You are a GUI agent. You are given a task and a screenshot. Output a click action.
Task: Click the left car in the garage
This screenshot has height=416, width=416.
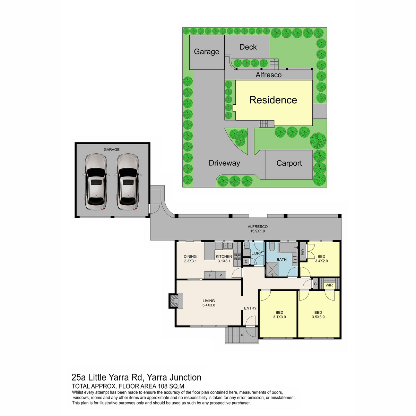tap(96, 182)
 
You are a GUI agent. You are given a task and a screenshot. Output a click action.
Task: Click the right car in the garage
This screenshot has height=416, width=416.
tap(128, 182)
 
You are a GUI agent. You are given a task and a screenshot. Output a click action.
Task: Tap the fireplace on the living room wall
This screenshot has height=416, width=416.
tap(176, 301)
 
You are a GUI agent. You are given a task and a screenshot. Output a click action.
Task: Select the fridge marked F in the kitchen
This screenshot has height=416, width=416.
tap(210, 275)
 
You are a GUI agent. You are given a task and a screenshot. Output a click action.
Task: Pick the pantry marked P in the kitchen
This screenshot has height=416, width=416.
tap(220, 275)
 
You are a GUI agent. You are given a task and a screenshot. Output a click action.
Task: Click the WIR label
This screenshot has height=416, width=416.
tap(329, 285)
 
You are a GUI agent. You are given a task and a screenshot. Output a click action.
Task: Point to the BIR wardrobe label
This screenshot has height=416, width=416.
tap(303, 252)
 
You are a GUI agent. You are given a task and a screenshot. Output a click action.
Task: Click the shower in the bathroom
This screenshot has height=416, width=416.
tap(272, 269)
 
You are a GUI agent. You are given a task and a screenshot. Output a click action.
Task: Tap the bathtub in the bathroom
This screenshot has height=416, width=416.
tap(288, 248)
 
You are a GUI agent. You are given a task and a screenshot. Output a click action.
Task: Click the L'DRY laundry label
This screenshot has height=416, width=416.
tap(257, 253)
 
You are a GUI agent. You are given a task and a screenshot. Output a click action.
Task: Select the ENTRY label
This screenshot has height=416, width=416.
tap(250, 308)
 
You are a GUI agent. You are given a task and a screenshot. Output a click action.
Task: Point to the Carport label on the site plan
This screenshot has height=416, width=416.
tap(289, 163)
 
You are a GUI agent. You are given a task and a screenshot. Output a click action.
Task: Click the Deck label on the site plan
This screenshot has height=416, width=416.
tap(248, 47)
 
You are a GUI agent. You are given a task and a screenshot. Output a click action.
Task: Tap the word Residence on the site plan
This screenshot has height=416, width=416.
tap(273, 100)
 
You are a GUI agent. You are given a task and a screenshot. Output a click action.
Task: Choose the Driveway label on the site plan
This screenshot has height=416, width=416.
tap(224, 163)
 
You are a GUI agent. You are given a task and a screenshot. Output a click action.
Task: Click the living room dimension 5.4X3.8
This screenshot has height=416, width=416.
tap(209, 305)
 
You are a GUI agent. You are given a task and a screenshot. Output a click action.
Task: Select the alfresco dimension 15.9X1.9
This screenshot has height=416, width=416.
tap(258, 231)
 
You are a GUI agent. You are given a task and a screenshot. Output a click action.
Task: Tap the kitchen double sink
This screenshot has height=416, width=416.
tap(228, 246)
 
